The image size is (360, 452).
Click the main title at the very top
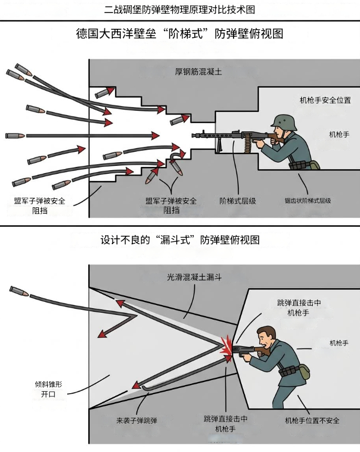coord(179,9)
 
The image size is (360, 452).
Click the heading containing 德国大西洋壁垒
coord(179,34)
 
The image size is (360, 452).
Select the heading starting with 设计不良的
coord(180,240)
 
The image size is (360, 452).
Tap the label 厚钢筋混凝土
coord(198,71)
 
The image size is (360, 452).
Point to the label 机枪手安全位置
coord(325,100)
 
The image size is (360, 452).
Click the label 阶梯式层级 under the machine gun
coord(238,201)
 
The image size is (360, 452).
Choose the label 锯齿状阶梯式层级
coord(308,201)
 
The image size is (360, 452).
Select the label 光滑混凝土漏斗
coord(194,277)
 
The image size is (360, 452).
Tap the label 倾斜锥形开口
coord(48,389)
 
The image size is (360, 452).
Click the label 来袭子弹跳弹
coord(136,421)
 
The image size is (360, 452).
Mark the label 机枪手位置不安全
coord(312,421)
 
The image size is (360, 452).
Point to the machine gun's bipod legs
coord(219,145)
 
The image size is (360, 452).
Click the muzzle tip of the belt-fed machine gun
coord(193,135)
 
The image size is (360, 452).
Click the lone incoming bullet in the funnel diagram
coord(19,291)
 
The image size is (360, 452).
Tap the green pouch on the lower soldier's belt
coord(304,372)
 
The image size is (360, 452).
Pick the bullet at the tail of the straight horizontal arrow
coord(15,135)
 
